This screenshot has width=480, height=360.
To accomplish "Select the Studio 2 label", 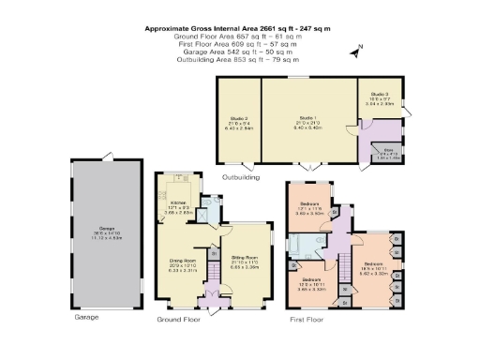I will click(x=238, y=119).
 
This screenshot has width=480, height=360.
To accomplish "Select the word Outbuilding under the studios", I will click(x=240, y=176).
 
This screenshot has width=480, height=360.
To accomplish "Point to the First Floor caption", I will click(x=310, y=319).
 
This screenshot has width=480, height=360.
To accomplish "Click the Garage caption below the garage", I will click(x=85, y=317).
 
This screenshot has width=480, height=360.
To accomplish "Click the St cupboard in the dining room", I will click(x=214, y=253).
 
